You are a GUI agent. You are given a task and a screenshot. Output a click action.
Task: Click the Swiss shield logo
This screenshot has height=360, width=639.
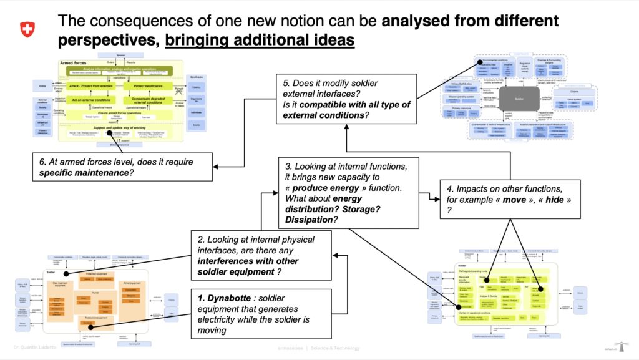[27, 29]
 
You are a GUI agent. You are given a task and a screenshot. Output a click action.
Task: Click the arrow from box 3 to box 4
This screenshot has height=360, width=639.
[429, 195]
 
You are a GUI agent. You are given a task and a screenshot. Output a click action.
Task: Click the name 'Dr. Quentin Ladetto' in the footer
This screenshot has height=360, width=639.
[34, 348]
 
